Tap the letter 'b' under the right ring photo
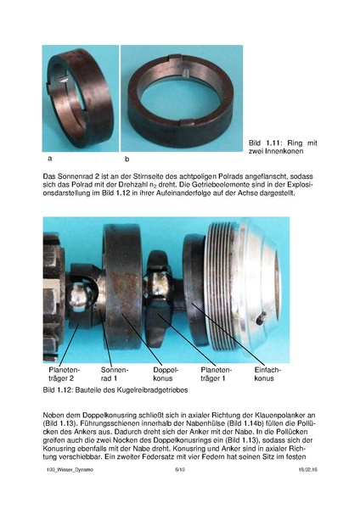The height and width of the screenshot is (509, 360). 127,159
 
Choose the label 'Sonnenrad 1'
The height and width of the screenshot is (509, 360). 113,375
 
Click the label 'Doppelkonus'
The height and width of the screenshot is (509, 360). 166,375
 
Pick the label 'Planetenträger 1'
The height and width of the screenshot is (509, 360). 213,375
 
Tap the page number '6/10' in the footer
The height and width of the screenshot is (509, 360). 180,492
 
